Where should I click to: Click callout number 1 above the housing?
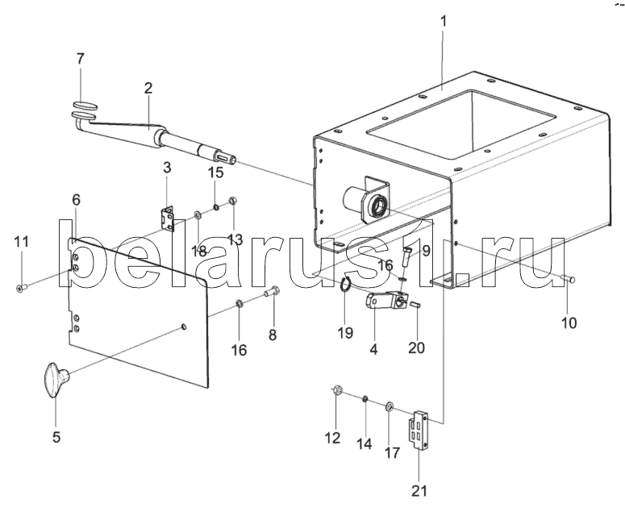click(x=444, y=21)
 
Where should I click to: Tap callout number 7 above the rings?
click(x=80, y=59)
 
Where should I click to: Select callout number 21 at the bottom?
click(x=419, y=491)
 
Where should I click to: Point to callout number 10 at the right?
click(x=569, y=322)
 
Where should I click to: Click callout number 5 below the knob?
click(x=56, y=437)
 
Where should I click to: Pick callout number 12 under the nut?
click(x=332, y=438)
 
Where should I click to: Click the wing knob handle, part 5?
click(x=56, y=380)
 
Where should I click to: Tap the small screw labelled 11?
click(x=21, y=288)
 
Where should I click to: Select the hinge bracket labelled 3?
click(x=169, y=218)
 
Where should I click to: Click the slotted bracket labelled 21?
click(x=419, y=430)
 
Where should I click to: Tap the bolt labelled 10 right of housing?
click(x=569, y=279)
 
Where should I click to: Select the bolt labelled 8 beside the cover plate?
click(x=273, y=293)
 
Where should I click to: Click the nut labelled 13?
click(x=233, y=201)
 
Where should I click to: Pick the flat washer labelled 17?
click(x=389, y=407)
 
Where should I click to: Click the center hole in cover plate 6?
click(x=183, y=327)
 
